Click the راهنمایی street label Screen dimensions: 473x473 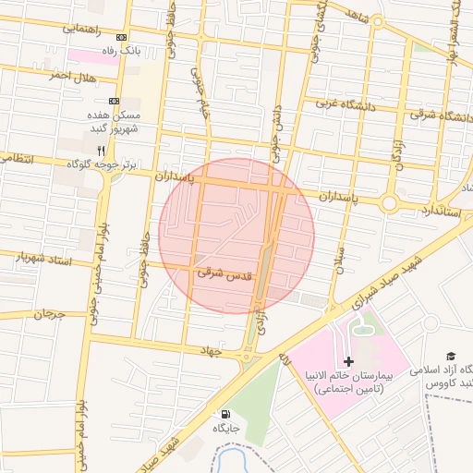tap(82, 29)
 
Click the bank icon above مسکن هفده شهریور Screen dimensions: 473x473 tap(114, 101)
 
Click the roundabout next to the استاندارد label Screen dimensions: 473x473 tap(390, 202)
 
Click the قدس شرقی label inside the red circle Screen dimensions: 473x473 tap(224, 274)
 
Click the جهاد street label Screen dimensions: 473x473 tap(212, 350)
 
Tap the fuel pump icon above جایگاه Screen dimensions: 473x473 tap(227, 416)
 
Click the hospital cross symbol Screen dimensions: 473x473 tap(348, 361)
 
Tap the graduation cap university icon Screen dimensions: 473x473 tap(451, 356)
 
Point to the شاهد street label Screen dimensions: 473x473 tap(354, 15)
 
